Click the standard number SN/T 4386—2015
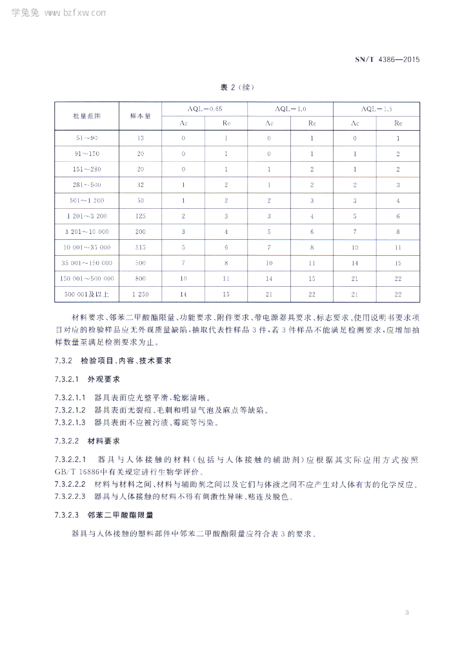[387, 60]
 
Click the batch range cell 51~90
[86, 139]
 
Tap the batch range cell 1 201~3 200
[86, 217]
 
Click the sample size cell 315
[140, 247]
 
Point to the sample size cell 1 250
[140, 295]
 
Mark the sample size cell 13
[140, 139]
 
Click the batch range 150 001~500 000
[86, 279]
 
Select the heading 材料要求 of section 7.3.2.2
[102, 442]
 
